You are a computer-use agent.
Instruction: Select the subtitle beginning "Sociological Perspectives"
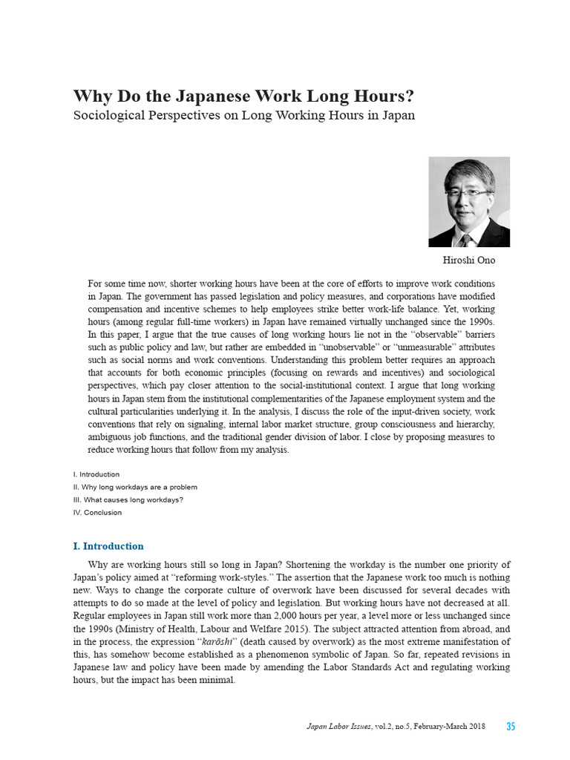tap(243, 116)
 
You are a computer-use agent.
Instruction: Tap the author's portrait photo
tap(469, 202)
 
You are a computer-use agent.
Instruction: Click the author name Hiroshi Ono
tap(469, 261)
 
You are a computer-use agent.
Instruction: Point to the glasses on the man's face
tap(464, 191)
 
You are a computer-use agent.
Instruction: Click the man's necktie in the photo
tap(465, 239)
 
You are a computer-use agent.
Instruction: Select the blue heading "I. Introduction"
tap(108, 546)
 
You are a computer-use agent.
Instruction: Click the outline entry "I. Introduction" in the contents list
tap(96, 474)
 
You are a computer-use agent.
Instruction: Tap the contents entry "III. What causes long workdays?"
tap(128, 499)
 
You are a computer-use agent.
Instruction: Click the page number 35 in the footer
tap(511, 726)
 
